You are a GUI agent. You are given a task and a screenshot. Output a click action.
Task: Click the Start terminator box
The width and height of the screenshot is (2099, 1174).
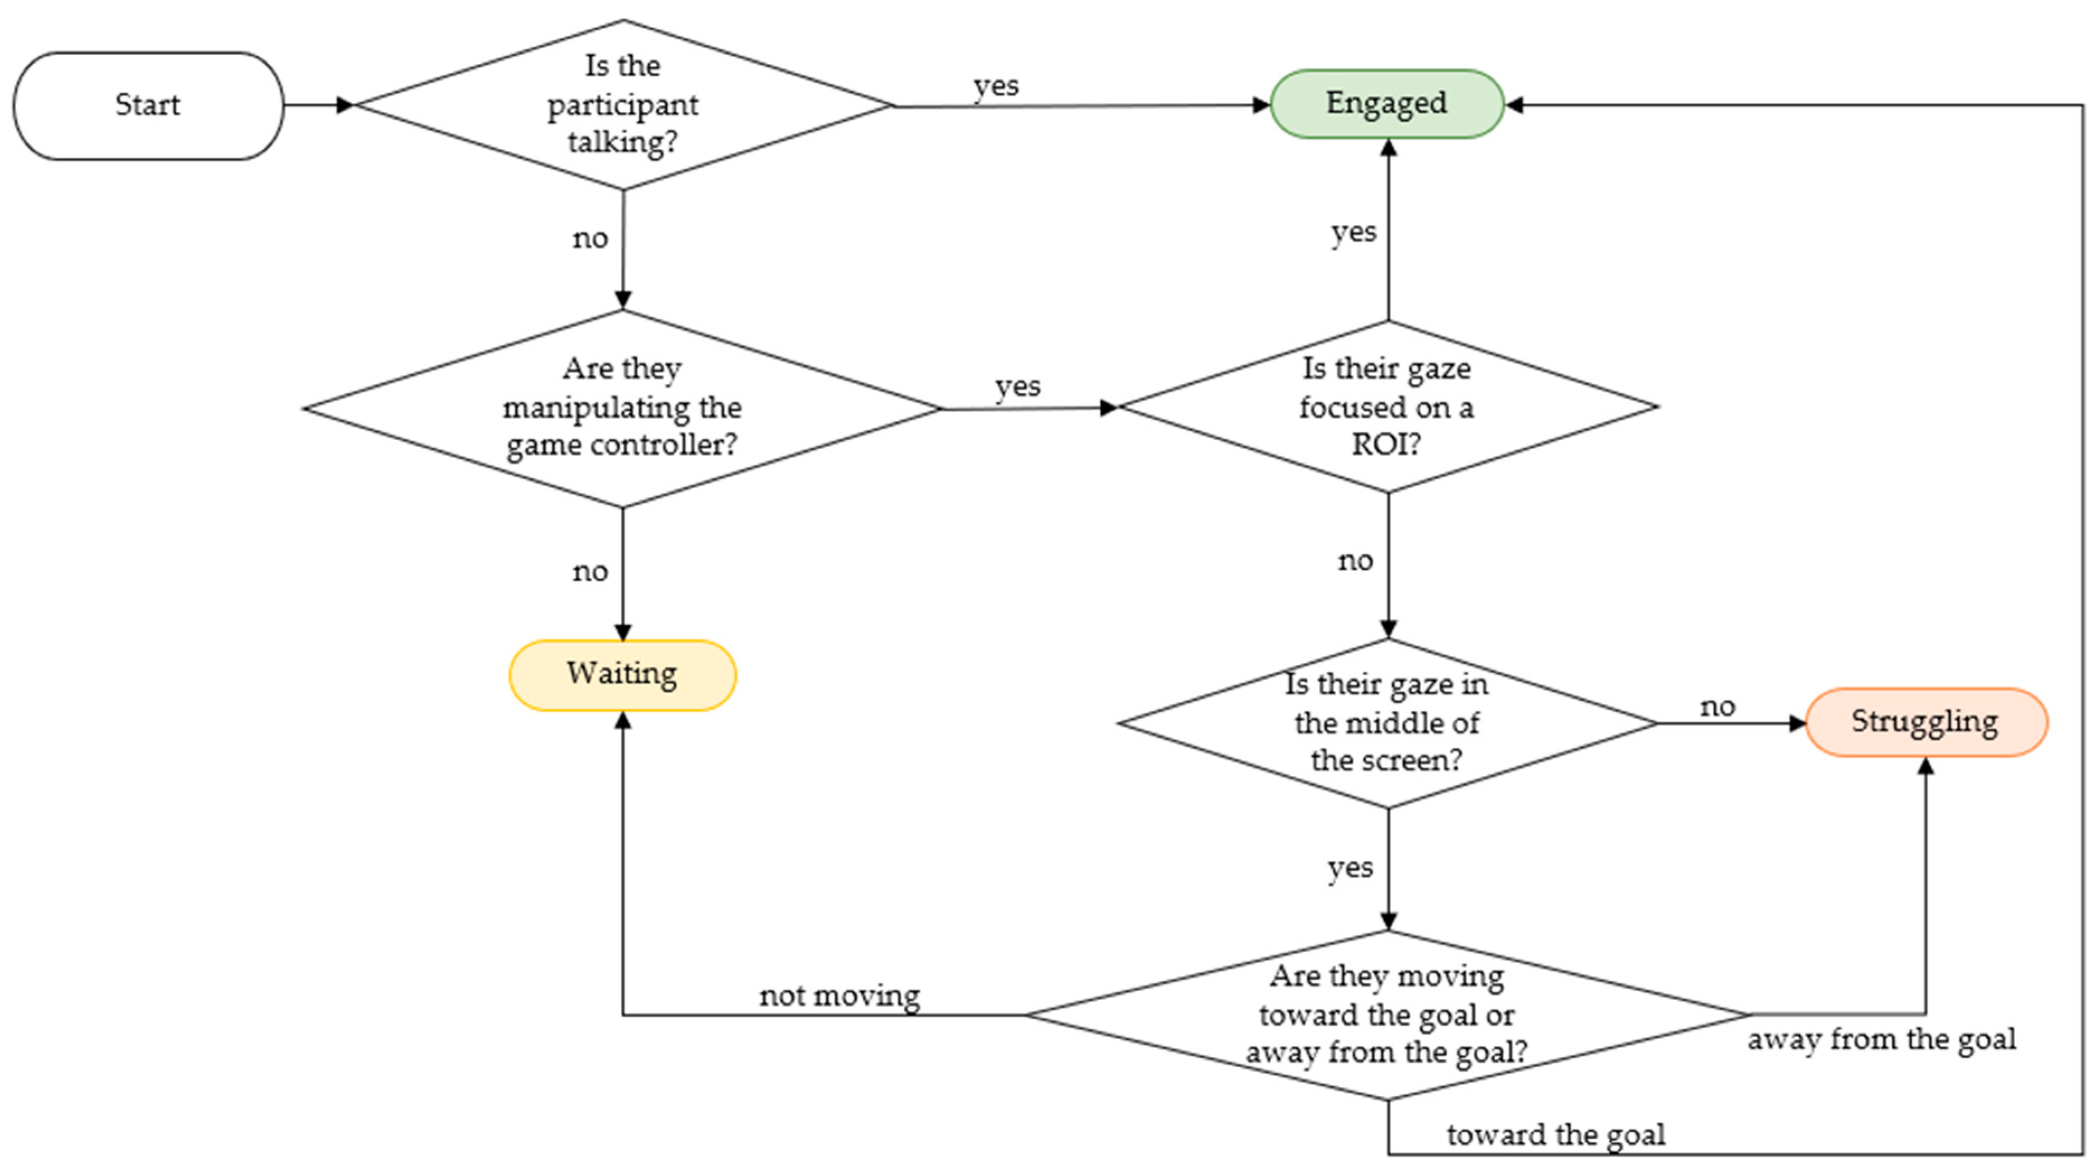click(x=148, y=105)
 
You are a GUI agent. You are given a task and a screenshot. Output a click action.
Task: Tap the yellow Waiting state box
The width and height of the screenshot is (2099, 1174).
click(x=622, y=675)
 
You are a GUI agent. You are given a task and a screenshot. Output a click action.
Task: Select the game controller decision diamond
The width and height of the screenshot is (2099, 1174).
click(x=622, y=407)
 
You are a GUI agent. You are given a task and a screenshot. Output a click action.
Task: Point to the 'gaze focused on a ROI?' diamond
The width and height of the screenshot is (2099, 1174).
click(x=1387, y=407)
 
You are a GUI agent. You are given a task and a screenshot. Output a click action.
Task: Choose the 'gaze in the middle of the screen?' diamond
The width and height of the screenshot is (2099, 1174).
click(x=1387, y=723)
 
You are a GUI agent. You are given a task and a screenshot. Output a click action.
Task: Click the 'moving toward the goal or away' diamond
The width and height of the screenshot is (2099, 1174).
click(x=1387, y=1015)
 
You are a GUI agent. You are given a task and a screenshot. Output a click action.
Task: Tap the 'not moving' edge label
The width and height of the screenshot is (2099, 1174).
click(x=839, y=996)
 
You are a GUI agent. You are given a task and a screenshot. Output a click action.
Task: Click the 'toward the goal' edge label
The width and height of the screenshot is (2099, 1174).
click(x=1555, y=1134)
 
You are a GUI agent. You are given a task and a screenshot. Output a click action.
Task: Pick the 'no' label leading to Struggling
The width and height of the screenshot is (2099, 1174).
click(x=1718, y=706)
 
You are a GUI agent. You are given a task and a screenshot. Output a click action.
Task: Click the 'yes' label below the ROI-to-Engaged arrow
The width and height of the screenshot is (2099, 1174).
click(x=1353, y=232)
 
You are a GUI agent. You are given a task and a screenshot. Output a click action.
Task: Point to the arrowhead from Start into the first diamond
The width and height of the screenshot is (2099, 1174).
click(x=346, y=105)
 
